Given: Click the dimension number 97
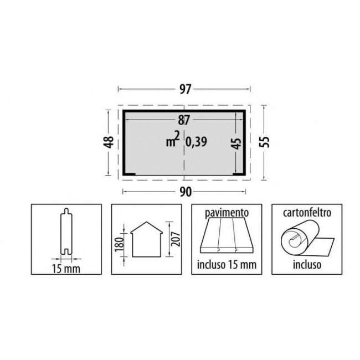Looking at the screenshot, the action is point(185,89).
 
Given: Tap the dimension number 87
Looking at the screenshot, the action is point(184,120).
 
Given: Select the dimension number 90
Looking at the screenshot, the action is point(186,192).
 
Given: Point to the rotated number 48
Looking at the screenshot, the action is point(109,142).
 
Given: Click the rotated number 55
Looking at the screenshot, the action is point(264,142).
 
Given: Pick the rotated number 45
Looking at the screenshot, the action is point(237,143).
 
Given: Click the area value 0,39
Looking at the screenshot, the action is point(196,142).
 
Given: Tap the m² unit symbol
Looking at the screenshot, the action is point(173,139).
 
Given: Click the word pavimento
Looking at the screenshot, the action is point(227,213).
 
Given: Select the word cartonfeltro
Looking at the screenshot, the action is point(307,212).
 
